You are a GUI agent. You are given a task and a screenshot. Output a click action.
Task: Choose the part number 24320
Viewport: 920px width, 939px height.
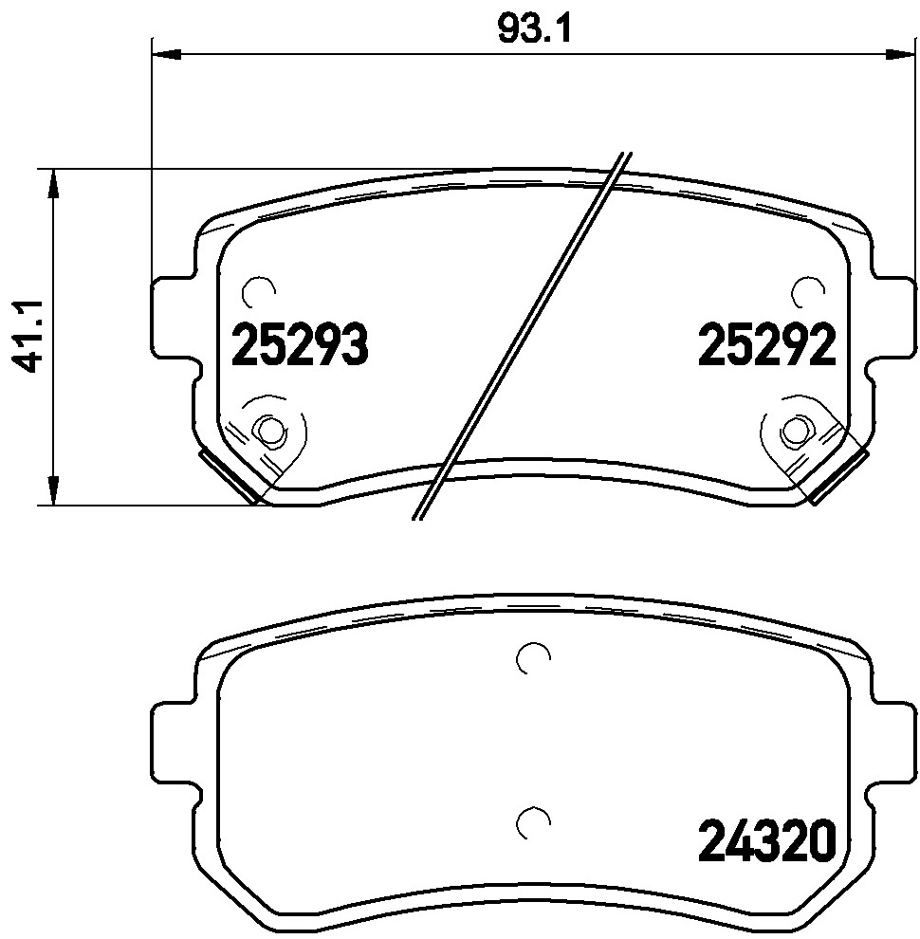click(766, 840)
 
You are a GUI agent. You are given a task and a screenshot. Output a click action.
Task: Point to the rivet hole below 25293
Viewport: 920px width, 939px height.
click(271, 432)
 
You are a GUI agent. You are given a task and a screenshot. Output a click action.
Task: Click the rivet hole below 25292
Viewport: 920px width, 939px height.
click(793, 432)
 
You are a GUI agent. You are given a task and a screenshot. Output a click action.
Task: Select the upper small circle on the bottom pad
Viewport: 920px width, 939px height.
click(532, 656)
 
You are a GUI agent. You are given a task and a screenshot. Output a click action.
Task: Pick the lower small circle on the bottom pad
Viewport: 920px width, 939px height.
click(532, 822)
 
